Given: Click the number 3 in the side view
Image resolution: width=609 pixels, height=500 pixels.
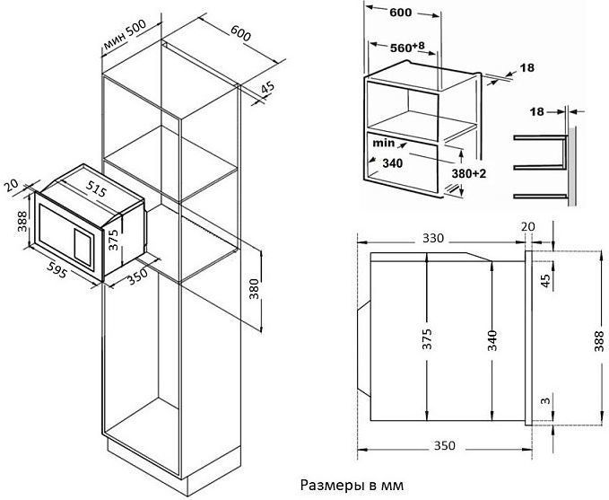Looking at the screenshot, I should tap(544, 400).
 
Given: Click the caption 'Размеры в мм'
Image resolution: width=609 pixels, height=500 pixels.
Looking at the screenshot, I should tap(350, 485).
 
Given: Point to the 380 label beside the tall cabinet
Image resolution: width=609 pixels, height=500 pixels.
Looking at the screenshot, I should tap(254, 288).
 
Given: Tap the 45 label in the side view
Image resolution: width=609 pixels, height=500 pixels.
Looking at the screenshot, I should tap(544, 279).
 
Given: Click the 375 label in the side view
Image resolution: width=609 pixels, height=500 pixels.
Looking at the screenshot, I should tap(428, 339).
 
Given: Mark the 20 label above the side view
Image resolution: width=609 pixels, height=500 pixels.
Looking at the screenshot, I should tap(526, 226).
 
